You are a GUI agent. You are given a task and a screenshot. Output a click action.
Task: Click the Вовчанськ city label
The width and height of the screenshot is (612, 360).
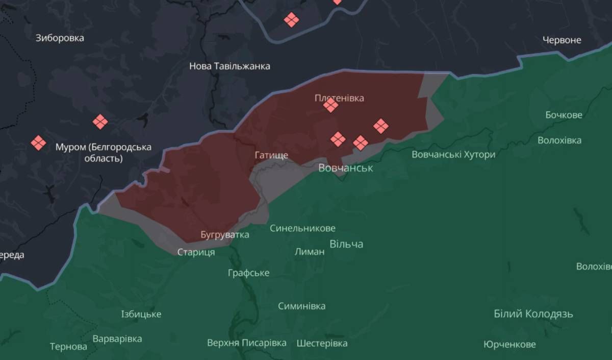(345, 167)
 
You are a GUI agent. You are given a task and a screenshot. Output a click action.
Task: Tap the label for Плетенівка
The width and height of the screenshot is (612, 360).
(339, 98)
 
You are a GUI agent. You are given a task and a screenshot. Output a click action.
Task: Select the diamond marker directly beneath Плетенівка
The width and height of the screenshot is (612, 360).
(330, 106)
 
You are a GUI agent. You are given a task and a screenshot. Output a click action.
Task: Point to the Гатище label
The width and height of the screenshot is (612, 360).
(271, 155)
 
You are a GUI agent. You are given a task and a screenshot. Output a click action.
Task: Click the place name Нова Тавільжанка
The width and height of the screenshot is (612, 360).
(229, 66)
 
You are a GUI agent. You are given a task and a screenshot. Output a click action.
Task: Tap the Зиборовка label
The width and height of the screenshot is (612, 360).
(60, 38)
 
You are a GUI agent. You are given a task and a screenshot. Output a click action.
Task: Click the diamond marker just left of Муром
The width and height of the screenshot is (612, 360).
(38, 142)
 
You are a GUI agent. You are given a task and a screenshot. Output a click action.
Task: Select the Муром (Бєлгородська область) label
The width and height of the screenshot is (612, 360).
(103, 153)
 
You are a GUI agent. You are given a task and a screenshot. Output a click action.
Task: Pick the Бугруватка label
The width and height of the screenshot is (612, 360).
(225, 234)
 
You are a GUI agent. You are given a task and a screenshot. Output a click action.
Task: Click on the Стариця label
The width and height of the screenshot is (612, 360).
(196, 252)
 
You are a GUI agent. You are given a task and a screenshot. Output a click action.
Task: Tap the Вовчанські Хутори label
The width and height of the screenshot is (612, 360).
(453, 154)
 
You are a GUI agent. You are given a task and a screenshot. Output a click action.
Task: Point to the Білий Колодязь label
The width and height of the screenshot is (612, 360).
(533, 314)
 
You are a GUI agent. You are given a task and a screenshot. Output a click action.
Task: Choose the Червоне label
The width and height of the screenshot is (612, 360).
(562, 40)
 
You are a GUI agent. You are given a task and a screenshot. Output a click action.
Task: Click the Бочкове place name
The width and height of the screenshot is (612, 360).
(564, 115)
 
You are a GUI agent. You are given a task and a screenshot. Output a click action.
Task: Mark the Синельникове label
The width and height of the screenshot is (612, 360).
(302, 228)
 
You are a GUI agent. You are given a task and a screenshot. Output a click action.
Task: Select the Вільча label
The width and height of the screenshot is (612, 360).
(346, 244)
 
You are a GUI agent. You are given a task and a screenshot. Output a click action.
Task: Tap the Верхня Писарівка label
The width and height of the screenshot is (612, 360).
(246, 343)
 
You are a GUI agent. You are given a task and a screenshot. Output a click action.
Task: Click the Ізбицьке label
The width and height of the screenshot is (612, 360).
(141, 314)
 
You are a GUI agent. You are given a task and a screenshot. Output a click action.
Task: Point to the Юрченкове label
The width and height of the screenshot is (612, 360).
(509, 344)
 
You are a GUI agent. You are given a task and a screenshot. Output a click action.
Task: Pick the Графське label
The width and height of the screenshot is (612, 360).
(248, 273)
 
